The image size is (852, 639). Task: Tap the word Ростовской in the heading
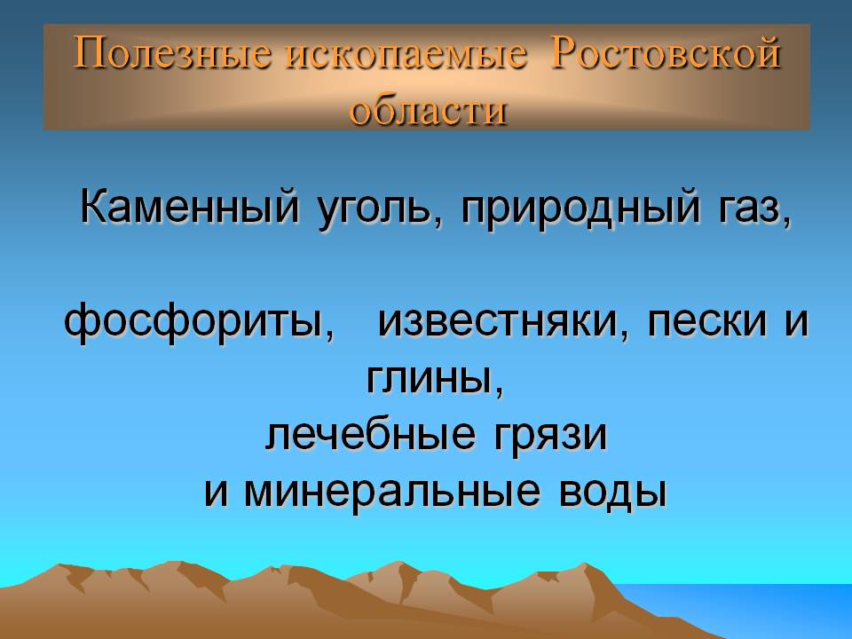tap(666, 55)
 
